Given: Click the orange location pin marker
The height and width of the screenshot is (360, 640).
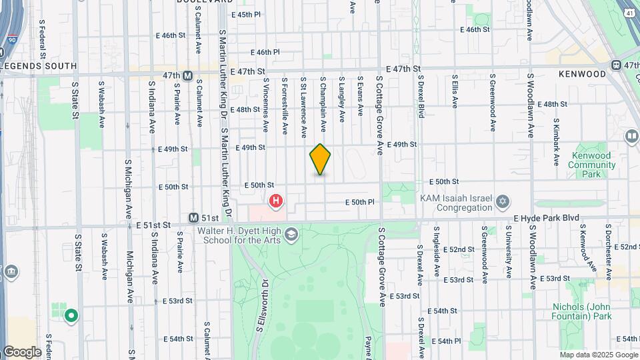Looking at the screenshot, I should tap(320, 159).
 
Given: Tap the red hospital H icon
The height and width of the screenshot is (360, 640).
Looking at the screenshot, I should tap(275, 200).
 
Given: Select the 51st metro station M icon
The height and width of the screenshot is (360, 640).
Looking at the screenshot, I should tap(193, 218).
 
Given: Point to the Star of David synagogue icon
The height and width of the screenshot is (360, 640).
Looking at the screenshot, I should tap(503, 201).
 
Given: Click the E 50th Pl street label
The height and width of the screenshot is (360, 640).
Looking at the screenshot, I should tap(360, 202).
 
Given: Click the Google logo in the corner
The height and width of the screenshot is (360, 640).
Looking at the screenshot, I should tap(21, 351).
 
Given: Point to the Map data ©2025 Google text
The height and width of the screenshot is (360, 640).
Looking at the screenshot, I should tap(598, 355).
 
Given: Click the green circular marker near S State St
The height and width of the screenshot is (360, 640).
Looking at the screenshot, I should tap(71, 315).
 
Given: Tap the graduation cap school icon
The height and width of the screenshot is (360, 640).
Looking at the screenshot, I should tap(291, 234).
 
